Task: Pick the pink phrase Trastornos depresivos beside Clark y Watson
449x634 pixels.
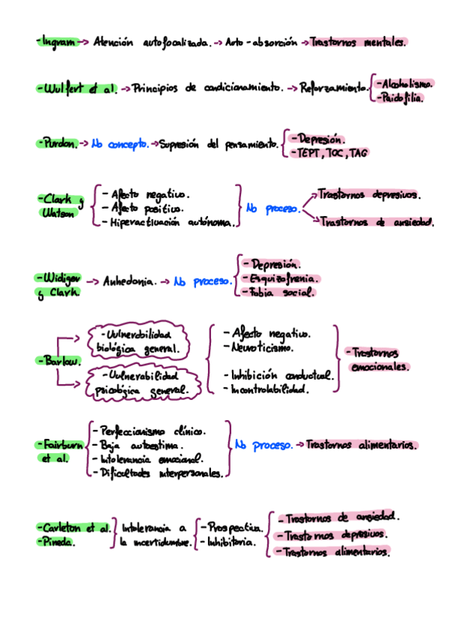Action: (368, 194)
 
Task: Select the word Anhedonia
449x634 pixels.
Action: (130, 283)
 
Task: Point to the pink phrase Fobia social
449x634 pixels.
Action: (278, 293)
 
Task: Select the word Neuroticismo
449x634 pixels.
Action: (262, 348)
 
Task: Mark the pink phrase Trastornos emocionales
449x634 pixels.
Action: (380, 360)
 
